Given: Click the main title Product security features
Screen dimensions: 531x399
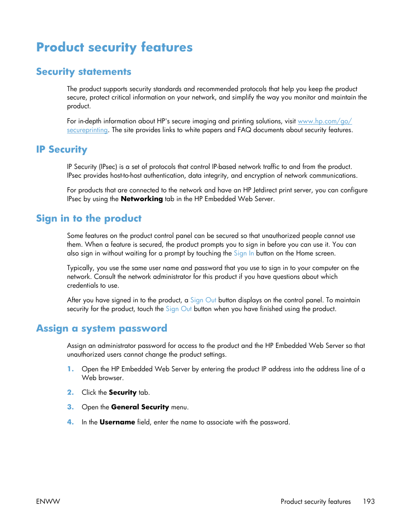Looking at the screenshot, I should click(114, 47).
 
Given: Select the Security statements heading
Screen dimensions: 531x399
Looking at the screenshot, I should click(84, 72).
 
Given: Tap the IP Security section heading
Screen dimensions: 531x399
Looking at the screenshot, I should click(61, 150).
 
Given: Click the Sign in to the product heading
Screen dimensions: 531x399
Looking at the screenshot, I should click(89, 219).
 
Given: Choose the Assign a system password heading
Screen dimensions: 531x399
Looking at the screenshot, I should click(102, 329).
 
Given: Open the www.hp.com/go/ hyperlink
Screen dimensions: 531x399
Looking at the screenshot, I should click(325, 121).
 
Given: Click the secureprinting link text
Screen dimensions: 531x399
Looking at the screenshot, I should click(87, 130).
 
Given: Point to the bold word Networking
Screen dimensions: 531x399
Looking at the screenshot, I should click(141, 199).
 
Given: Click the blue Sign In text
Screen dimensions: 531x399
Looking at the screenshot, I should click(243, 253).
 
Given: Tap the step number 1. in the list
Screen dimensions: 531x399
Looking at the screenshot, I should click(70, 369).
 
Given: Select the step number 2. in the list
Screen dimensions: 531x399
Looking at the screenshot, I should click(70, 393).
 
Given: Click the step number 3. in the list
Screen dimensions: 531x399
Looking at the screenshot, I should click(70, 407).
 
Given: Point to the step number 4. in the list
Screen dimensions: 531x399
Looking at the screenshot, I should click(70, 422).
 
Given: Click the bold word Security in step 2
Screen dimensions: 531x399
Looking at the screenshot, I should click(123, 393).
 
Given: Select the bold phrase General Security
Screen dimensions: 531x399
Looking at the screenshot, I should click(140, 407).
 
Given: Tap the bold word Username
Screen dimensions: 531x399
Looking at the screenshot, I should click(117, 422).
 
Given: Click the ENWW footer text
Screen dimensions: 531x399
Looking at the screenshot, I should click(48, 501).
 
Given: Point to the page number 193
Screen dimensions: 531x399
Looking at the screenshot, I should click(368, 501).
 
